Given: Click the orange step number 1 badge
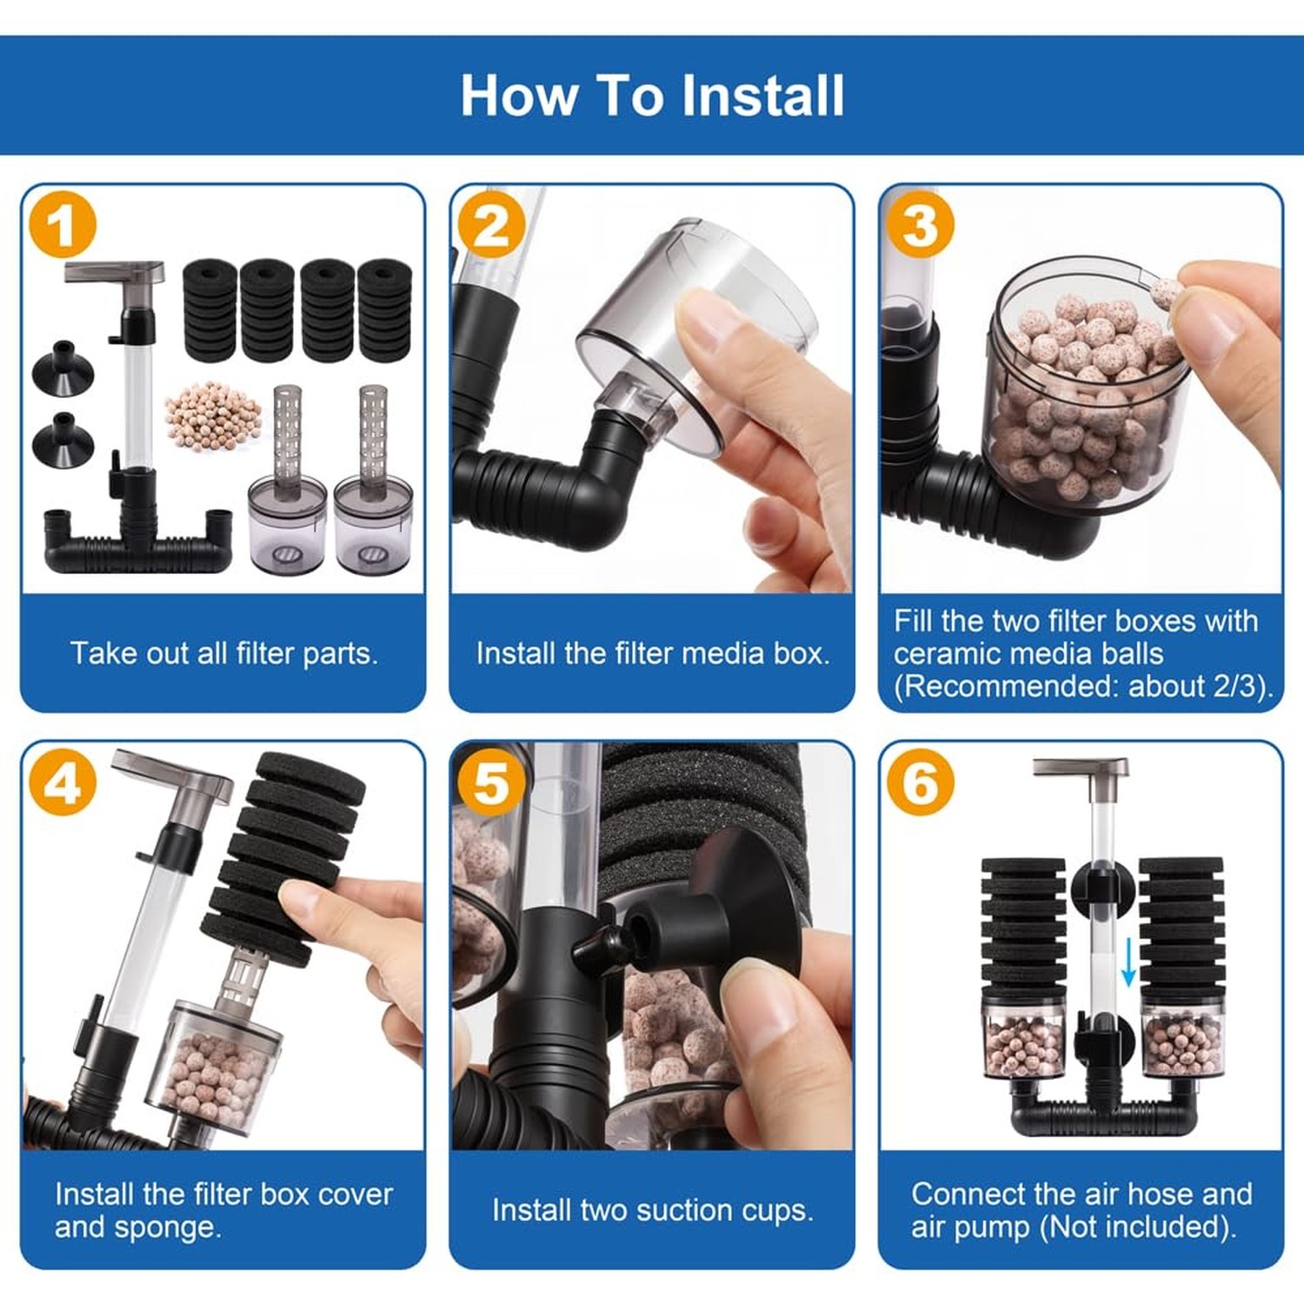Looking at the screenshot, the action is (x=62, y=225).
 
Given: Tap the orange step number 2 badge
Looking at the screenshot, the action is (x=491, y=225).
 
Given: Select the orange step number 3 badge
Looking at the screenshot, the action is (x=921, y=225).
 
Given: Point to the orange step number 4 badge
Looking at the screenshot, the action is (x=62, y=782).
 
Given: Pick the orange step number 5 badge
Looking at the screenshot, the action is (x=491, y=782).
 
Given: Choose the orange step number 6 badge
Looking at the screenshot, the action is (x=921, y=782).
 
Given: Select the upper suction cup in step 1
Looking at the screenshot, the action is (x=63, y=366).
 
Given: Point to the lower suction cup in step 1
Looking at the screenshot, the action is (x=63, y=438).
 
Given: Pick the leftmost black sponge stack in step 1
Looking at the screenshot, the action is (x=210, y=309).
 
